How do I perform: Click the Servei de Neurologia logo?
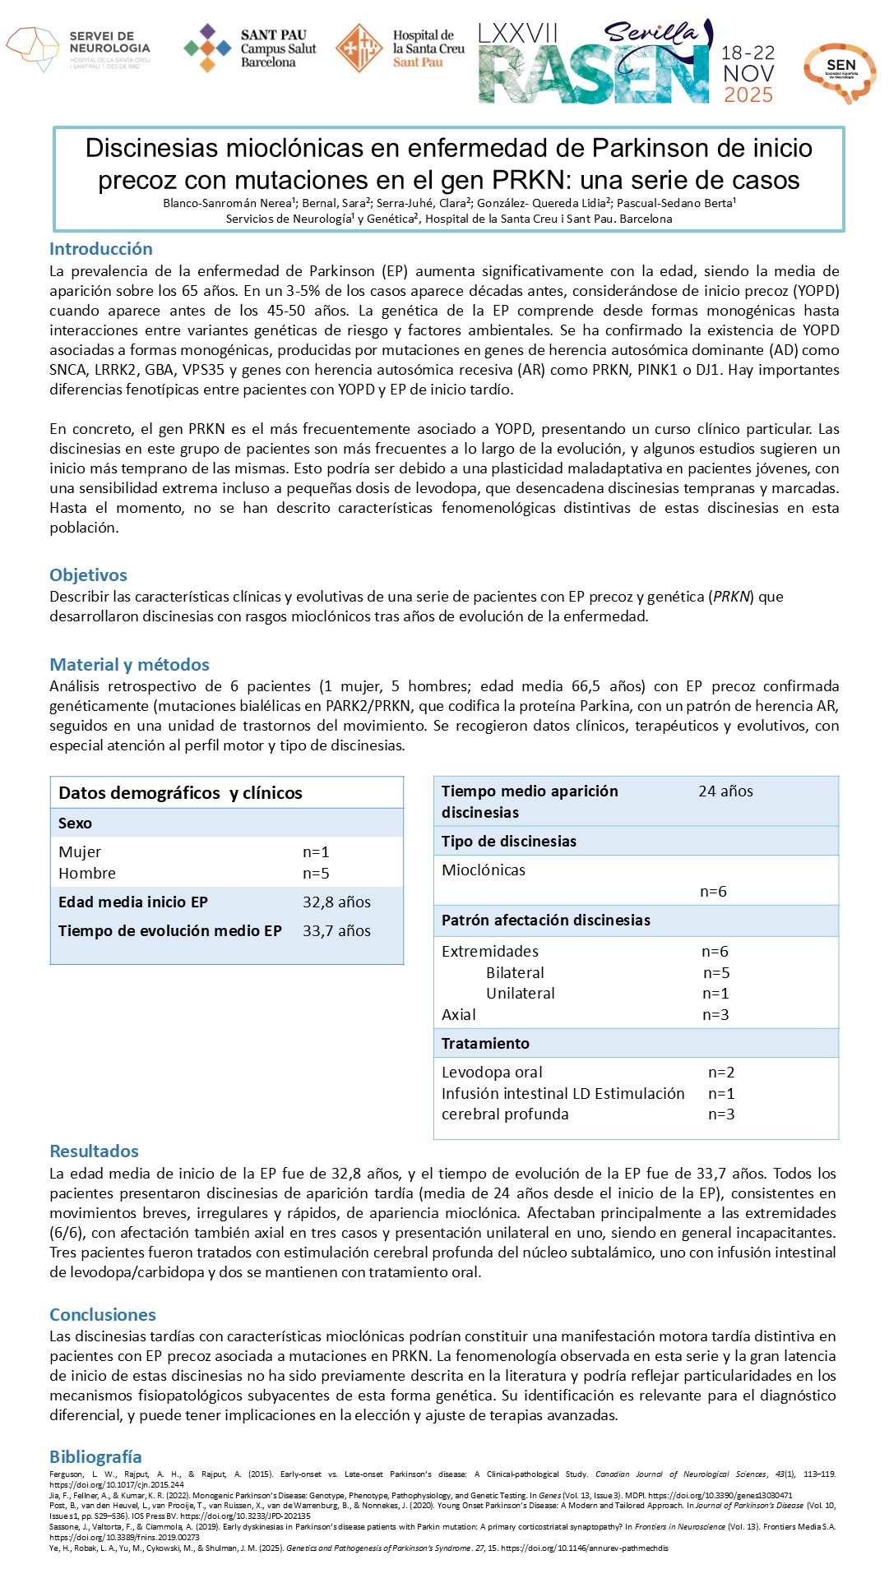pos(78,49)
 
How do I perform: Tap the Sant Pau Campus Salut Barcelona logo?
pos(250,48)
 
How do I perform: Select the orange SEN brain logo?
pos(840,72)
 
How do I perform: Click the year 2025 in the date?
pos(748,95)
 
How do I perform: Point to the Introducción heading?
pos(101,249)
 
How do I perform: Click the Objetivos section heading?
pos(88,575)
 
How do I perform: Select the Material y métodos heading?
pos(129,665)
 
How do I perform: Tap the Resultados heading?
pos(94,1151)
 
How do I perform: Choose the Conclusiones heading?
pos(103,1315)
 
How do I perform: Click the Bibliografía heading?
pos(95,1457)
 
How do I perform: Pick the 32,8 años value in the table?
pos(336,902)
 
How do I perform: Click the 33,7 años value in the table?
pos(336,931)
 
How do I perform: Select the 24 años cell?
pos(725,791)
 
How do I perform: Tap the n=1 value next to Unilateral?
pos(715,994)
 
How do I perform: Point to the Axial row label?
pos(459,1015)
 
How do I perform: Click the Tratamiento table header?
pos(485,1044)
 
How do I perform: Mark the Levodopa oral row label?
pos(492,1073)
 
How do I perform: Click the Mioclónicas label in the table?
pos(484,870)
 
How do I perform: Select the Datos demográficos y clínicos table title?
pos(180,793)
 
